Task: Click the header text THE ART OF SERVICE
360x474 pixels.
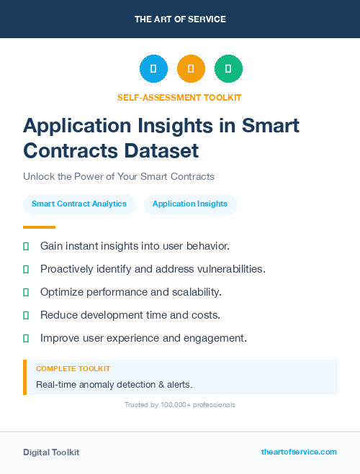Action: (180, 19)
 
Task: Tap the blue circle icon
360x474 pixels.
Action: (153, 69)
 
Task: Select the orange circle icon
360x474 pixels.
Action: (191, 69)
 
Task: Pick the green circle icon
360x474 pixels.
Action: (228, 69)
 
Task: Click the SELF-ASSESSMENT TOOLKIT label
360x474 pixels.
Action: (179, 97)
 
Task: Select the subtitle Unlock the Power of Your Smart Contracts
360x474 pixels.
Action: (119, 176)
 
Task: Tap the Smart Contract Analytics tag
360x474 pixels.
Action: (79, 204)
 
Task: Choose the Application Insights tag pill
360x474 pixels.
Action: (190, 204)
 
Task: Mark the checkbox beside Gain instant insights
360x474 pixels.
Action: (26, 246)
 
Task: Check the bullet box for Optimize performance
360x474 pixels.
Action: (26, 292)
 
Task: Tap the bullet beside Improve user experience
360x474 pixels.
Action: (26, 338)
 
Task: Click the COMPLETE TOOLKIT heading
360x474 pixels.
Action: (73, 369)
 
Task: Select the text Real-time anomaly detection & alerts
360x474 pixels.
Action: (114, 384)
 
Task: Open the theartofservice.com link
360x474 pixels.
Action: (299, 452)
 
